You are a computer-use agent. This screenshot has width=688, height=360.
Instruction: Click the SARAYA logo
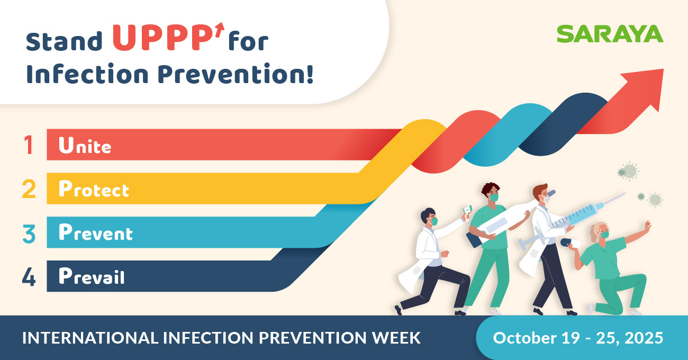pos(610,34)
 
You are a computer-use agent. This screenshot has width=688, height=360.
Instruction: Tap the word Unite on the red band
pos(85,145)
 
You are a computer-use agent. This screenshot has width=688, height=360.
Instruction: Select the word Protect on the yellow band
pos(94,189)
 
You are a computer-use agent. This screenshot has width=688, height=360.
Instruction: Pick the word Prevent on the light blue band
pos(95,233)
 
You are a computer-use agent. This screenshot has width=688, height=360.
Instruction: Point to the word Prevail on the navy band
pos(92,276)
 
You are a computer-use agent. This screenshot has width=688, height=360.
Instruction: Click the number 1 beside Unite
pos(29,145)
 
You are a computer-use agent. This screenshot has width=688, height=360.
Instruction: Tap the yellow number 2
pos(29,189)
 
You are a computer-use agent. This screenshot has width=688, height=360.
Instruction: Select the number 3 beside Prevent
pos(29,233)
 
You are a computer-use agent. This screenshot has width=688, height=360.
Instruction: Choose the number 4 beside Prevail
pos(29,276)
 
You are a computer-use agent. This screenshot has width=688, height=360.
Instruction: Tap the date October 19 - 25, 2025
pos(578,338)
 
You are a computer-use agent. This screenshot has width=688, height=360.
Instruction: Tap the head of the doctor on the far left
pos(429,217)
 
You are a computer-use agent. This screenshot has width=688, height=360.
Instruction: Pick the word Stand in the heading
pos(65,41)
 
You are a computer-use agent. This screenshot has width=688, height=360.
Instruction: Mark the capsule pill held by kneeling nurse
pos(571,242)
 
